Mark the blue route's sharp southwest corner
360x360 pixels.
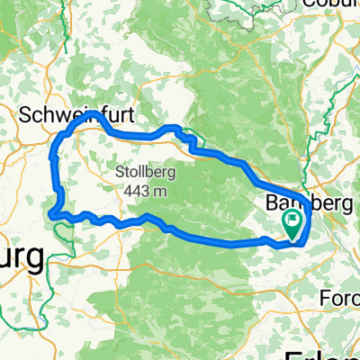[52, 214]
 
